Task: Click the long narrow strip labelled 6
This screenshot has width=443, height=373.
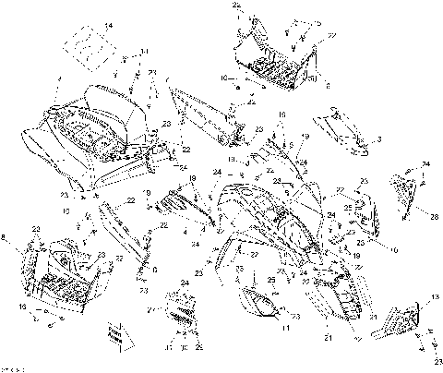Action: [124, 232]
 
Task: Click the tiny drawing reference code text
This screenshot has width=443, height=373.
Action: [12, 367]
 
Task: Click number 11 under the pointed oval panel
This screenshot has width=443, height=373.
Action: [287, 329]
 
